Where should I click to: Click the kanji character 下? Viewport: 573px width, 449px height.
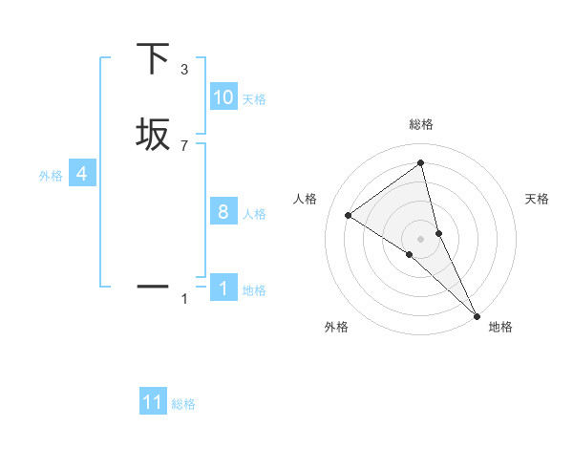154,58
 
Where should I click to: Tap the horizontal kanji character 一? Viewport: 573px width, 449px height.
154,286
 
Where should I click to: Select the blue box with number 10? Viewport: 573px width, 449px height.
223,97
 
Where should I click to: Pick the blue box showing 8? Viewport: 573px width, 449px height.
223,212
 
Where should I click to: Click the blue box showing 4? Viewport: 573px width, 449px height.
82,174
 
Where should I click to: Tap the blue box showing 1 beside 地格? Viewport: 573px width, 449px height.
223,289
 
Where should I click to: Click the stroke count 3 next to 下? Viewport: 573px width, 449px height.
184,69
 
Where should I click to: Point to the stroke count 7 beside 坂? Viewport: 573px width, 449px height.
184,145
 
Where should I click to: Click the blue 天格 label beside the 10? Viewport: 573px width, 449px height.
254,99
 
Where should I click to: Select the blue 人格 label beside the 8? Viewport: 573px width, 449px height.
254,214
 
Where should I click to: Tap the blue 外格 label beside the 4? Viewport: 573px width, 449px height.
51,176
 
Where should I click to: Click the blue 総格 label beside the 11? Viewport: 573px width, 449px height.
183,404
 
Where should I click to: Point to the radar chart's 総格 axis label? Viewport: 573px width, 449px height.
421,124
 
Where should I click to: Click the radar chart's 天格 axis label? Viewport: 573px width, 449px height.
538,199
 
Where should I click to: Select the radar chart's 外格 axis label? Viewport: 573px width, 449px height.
336,327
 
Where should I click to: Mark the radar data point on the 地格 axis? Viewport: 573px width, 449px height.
477,314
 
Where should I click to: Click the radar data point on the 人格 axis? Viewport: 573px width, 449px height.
348,215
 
